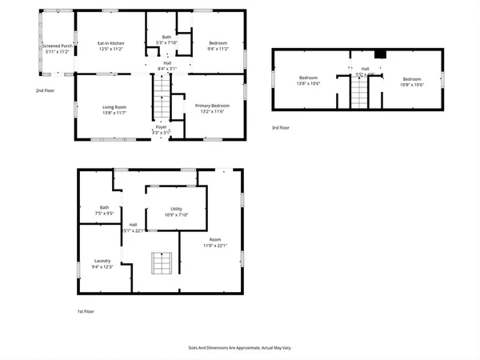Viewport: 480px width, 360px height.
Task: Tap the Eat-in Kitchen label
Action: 110,43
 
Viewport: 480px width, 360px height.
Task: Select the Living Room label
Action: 114,106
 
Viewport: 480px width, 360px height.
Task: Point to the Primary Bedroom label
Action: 213,106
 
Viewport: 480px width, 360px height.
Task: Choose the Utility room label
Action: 177,210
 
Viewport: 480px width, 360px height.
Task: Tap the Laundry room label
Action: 102,260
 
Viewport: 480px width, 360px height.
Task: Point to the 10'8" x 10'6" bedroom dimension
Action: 412,84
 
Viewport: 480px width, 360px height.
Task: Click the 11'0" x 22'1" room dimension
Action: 214,245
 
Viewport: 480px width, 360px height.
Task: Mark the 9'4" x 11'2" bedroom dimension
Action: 218,49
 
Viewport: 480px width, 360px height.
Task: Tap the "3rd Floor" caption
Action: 280,127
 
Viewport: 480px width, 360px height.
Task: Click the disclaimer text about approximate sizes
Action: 240,348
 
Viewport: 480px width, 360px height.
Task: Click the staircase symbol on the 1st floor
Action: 162,262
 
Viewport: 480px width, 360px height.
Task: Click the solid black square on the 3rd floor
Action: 382,55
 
